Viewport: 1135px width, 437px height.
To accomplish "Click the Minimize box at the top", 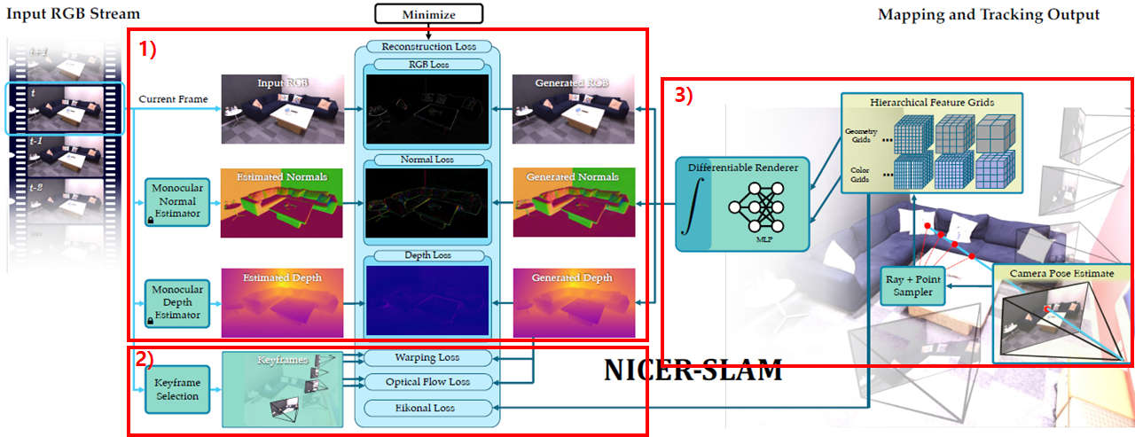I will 428,13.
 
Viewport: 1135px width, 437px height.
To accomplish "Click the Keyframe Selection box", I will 177,389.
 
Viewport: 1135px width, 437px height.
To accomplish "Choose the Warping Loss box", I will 427,358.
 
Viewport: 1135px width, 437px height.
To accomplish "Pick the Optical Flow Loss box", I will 427,382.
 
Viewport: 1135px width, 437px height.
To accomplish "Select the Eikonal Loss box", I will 427,408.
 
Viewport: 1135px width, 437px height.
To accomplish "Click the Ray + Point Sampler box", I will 913,285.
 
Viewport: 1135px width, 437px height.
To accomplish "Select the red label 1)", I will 147,50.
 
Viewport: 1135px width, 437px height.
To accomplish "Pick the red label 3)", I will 684,97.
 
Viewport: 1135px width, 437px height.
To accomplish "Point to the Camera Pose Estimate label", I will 1061,273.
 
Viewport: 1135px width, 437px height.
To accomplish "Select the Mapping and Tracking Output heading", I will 989,14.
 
